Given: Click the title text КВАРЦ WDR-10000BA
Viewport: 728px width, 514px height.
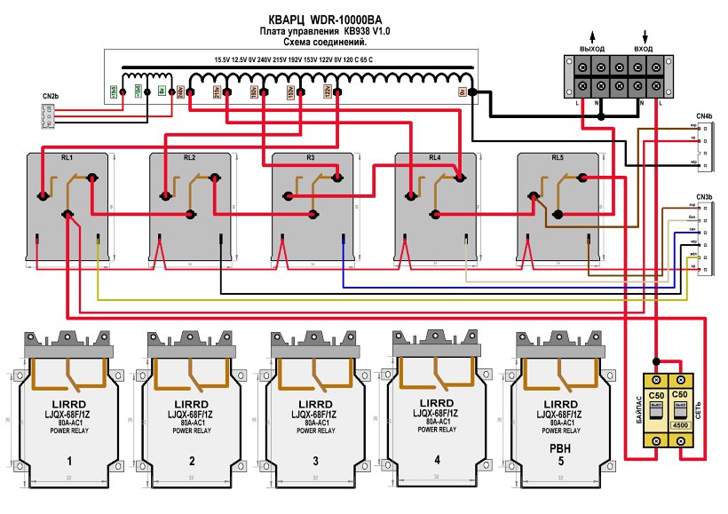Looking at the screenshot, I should [324, 19].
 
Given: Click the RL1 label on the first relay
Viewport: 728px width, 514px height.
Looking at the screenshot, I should [67, 156].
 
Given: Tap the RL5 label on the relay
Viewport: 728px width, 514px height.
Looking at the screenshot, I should [557, 158].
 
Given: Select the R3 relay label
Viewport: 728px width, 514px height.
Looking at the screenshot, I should [311, 156].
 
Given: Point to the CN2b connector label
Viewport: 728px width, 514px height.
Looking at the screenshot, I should [50, 95].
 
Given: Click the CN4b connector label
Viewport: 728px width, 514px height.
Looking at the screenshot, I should [704, 116].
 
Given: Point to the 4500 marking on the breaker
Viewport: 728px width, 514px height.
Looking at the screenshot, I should [681, 425].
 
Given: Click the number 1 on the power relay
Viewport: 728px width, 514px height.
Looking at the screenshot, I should [67, 461].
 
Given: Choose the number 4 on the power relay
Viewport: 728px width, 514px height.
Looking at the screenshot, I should [437, 459].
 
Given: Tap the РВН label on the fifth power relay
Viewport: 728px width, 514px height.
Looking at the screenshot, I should [559, 448].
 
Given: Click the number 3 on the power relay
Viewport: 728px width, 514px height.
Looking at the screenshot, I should [314, 461].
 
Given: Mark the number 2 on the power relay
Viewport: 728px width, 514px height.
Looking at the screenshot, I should [192, 461].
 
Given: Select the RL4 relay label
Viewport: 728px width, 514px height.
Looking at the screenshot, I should [434, 158].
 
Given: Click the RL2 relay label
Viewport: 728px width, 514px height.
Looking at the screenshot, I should [189, 156].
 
